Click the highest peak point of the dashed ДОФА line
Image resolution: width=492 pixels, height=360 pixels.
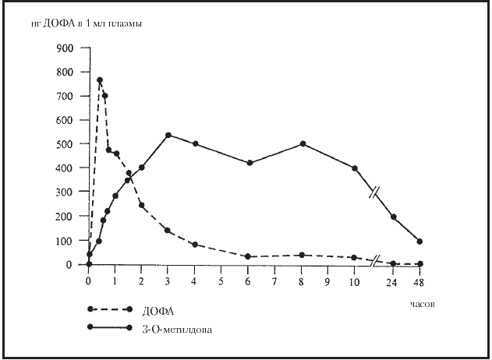point(100,80)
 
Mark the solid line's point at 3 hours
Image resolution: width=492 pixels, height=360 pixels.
point(168,135)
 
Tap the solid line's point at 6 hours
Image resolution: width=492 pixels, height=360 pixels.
point(248,163)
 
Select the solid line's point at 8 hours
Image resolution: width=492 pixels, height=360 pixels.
point(302,144)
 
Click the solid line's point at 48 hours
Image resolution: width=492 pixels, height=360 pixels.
point(420,242)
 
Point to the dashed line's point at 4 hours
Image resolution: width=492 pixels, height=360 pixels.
point(195,245)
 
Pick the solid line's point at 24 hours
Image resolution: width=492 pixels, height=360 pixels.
point(394,217)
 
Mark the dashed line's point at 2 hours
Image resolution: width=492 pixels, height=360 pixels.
point(142,206)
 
